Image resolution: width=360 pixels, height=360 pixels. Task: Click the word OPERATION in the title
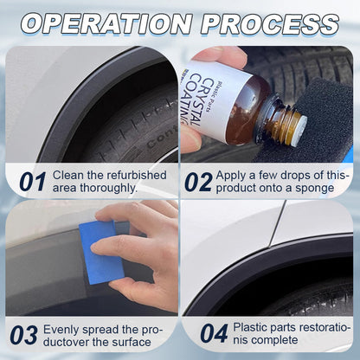(106, 24)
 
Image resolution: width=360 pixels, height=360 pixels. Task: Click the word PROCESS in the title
(270, 24)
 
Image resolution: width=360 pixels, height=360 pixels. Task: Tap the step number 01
(33, 182)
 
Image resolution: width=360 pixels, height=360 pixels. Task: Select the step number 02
(198, 182)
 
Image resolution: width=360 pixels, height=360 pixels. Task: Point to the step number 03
(23, 335)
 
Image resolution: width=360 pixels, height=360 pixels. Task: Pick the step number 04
(214, 333)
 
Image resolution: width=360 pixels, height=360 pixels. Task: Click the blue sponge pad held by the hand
(101, 253)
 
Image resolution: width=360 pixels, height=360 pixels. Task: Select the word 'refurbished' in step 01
(137, 175)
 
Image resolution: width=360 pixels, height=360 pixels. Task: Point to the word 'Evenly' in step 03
(60, 330)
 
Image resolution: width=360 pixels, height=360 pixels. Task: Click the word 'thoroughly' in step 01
(108, 188)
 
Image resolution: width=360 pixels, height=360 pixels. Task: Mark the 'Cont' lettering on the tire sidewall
(162, 139)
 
